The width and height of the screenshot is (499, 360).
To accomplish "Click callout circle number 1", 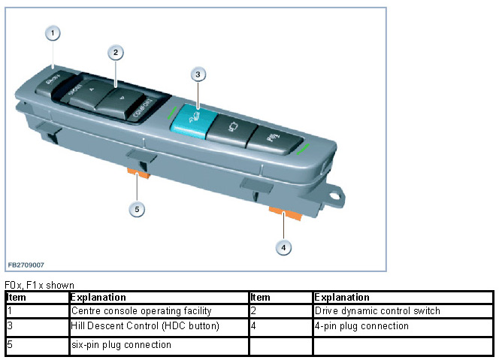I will tap(53, 33).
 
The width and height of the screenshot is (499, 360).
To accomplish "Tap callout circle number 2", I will tap(115, 53).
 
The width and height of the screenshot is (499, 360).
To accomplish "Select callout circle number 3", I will tap(198, 74).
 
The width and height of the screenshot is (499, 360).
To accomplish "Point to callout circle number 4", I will tap(283, 246).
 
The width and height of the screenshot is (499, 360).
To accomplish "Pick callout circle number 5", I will tap(137, 209).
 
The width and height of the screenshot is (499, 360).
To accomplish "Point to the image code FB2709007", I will tap(26, 265).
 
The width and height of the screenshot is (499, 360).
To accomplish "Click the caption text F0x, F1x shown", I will tap(39, 285).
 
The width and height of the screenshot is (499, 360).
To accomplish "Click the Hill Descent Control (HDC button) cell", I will tap(135, 326).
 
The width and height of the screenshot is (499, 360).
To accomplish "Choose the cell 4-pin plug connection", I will tap(361, 326).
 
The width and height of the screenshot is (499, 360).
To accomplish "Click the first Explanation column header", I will tap(98, 298).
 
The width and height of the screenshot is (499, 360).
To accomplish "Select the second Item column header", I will tap(260, 298).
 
